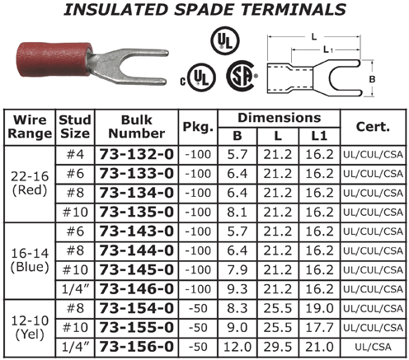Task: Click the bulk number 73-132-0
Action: coord(137,154)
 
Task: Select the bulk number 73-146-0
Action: coord(137,289)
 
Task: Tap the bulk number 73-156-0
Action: coord(137,347)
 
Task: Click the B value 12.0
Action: coord(237,347)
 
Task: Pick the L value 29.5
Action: coord(278,347)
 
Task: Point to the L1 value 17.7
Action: coord(319,328)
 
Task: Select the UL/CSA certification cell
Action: coord(373,347)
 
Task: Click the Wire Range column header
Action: coord(30,127)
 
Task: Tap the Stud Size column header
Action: coord(75,127)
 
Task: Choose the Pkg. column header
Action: coord(198,127)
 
